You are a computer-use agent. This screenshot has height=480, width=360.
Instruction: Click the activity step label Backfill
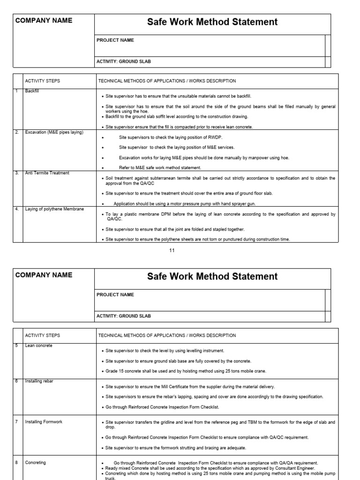(x=32, y=91)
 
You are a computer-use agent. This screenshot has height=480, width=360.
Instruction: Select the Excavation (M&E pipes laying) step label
(x=54, y=132)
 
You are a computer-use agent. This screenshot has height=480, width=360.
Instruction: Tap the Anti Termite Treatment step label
(x=47, y=173)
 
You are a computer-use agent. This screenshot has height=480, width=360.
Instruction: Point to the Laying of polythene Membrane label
(x=54, y=209)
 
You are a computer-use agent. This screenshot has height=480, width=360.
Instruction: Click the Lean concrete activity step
(x=38, y=345)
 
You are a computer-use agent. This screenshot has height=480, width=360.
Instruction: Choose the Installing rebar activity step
(x=39, y=381)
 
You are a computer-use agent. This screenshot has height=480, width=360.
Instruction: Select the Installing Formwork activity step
(x=43, y=422)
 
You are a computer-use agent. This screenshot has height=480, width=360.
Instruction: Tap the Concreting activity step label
(x=35, y=463)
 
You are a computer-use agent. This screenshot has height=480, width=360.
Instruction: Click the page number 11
(x=172, y=250)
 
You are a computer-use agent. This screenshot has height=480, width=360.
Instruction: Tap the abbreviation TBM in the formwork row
(x=231, y=422)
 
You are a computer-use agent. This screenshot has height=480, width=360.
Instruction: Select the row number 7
(x=16, y=422)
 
